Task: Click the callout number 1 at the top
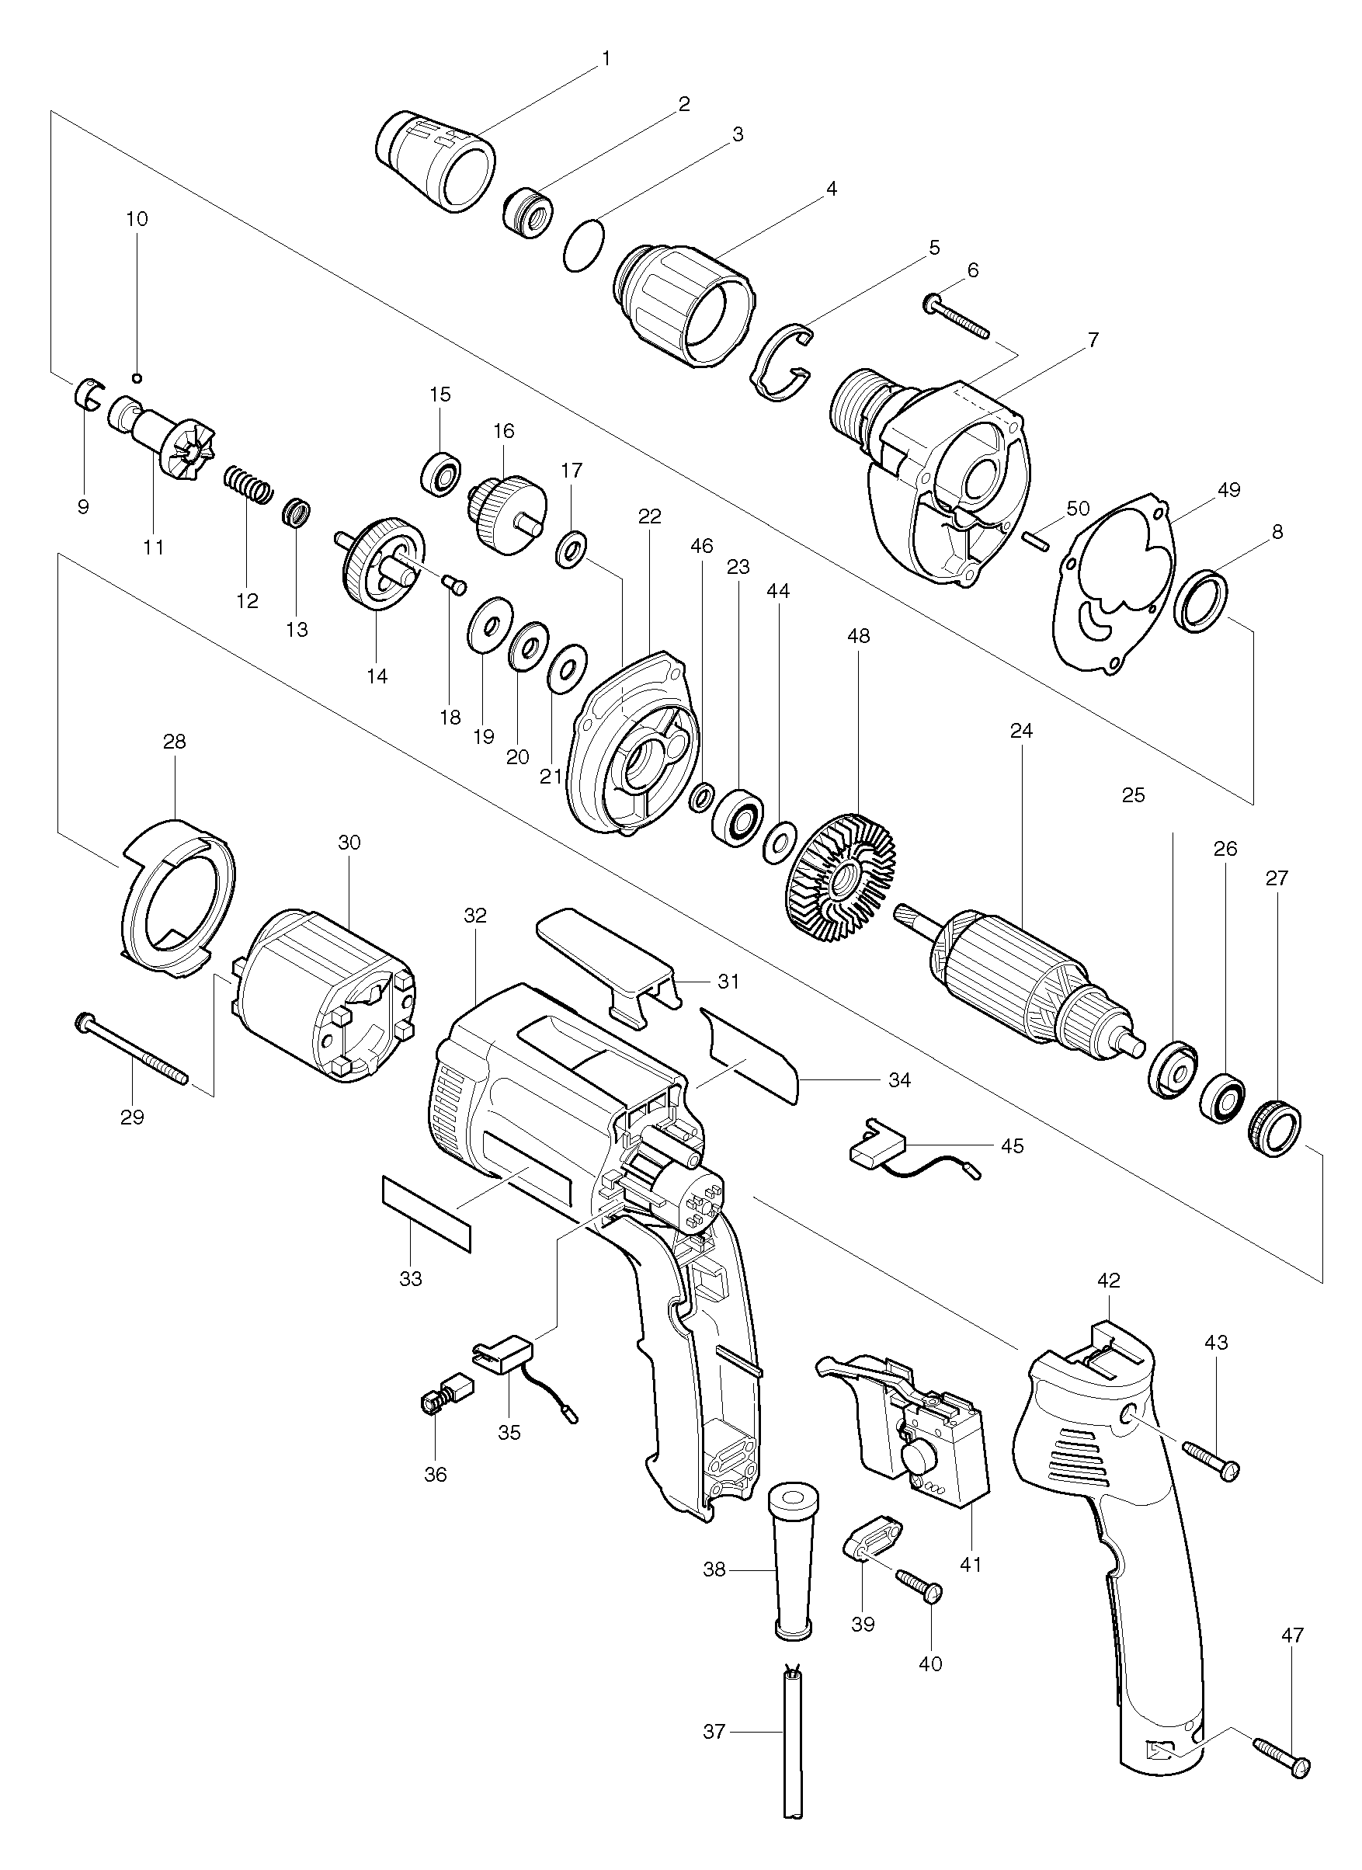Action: point(606,58)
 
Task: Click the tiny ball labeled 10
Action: point(137,377)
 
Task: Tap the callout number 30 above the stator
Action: point(349,843)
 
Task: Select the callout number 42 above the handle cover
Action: point(1109,1281)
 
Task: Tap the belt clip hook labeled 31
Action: point(610,964)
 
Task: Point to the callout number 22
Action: point(650,516)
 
